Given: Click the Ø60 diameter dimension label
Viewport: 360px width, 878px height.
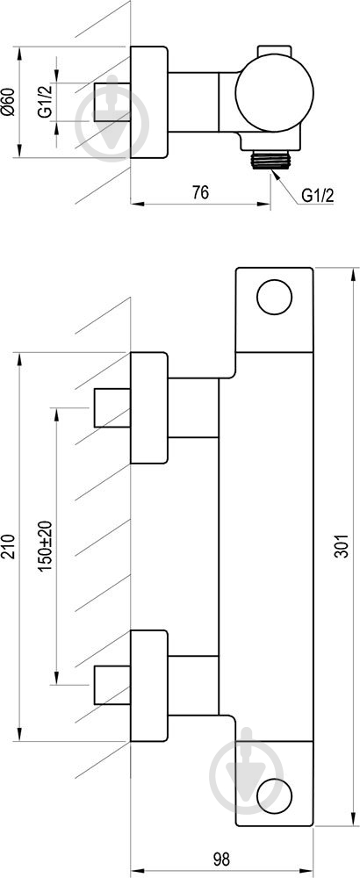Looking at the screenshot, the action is pos(9,102).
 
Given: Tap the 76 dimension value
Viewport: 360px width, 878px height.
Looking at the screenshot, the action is pos(200,192).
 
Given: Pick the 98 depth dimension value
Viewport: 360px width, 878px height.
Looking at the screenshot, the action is pos(222,858).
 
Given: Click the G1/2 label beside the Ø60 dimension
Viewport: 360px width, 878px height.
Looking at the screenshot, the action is pos(46,102).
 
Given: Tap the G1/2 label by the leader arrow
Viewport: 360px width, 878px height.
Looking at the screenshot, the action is pos(318,196).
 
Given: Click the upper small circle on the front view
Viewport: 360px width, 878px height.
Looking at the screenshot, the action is pos(274,297).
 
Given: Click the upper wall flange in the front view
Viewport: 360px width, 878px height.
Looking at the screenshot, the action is pos(149,407).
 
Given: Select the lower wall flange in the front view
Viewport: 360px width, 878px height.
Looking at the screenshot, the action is pos(149,686).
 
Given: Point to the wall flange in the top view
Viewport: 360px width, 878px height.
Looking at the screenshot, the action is pos(149,102).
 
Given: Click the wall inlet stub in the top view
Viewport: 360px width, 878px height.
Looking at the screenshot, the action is pos(112,102).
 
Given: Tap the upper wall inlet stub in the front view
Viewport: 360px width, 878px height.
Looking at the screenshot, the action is pos(112,407).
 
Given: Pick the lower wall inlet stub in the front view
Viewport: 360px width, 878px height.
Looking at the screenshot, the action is pos(112,685).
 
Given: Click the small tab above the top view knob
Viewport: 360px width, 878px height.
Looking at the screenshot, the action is pos(274,51).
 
